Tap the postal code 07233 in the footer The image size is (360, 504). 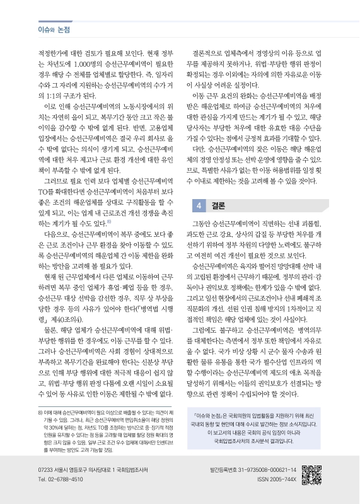click(x=48, y=469)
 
